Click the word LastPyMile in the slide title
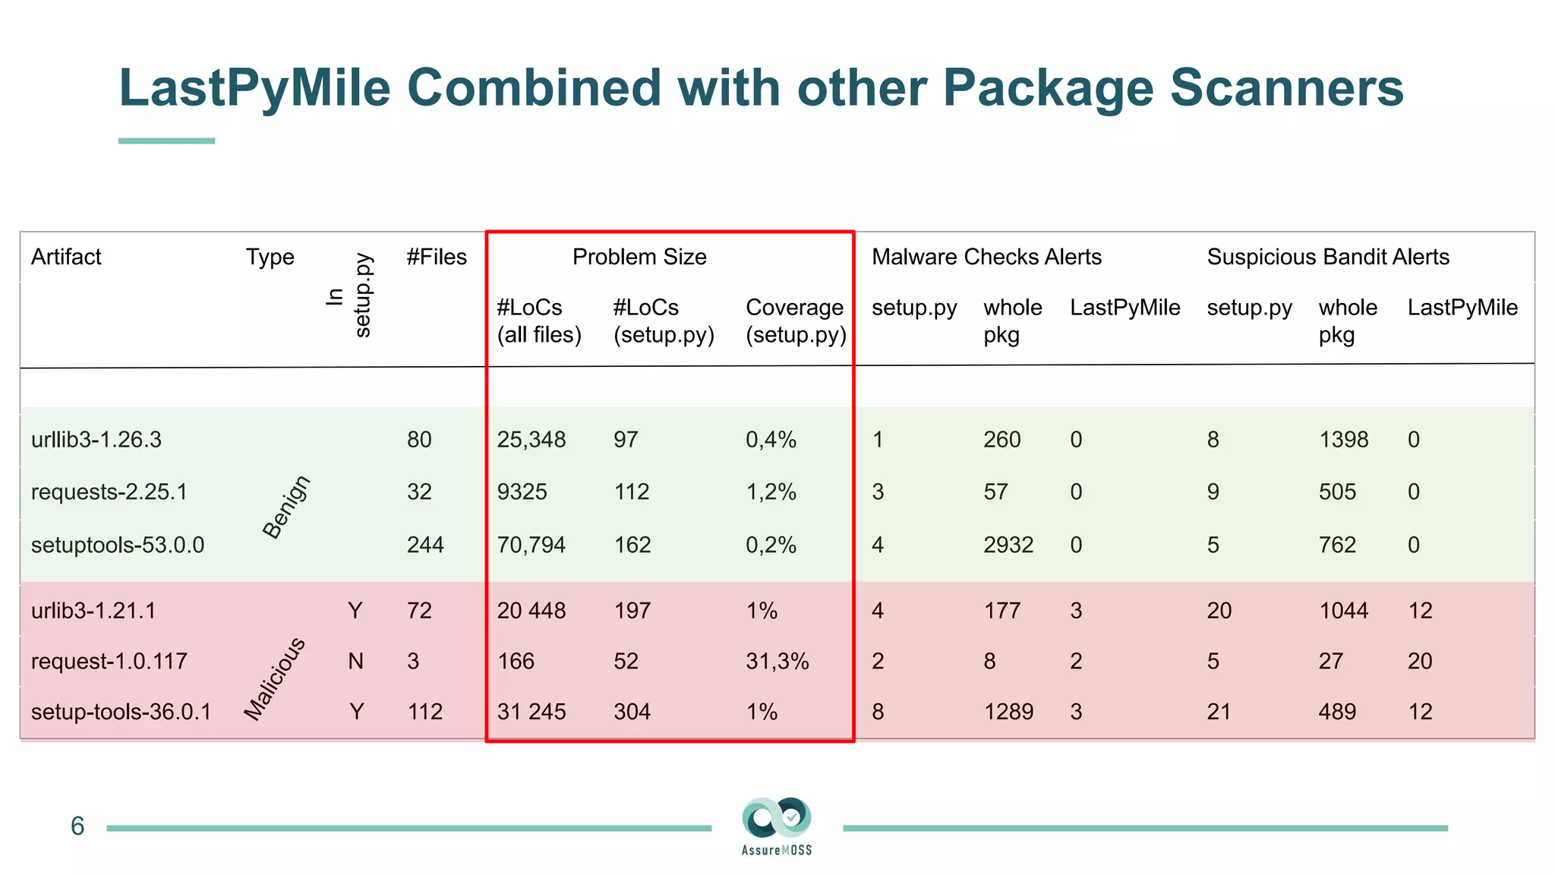[x=254, y=87]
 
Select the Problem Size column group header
[x=639, y=257]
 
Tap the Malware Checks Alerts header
[x=986, y=257]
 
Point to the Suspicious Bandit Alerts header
[x=1327, y=257]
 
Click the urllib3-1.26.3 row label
[x=96, y=440]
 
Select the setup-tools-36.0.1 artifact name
[x=121, y=712]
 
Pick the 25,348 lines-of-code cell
[x=531, y=440]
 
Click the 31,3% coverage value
[x=777, y=661]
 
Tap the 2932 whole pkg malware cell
[x=1008, y=545]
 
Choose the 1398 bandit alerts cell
[x=1343, y=440]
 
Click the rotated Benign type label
[x=286, y=507]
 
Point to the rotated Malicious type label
[x=274, y=678]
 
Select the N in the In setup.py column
[x=355, y=661]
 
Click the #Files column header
[x=436, y=257]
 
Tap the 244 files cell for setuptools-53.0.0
[x=425, y=545]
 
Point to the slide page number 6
[x=77, y=826]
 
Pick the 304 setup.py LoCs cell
[x=632, y=712]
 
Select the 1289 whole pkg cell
[x=1008, y=712]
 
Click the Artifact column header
[x=66, y=257]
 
